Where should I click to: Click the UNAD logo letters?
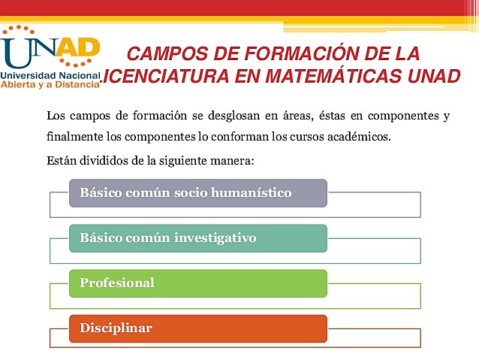coord(51,50)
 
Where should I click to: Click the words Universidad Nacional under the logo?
coord(51,76)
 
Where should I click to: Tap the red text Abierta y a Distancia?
coord(51,85)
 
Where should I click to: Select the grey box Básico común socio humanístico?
coord(198,192)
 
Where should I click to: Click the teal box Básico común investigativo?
coord(198,238)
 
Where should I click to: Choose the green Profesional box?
coord(198,283)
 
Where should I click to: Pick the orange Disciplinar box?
coord(198,328)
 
